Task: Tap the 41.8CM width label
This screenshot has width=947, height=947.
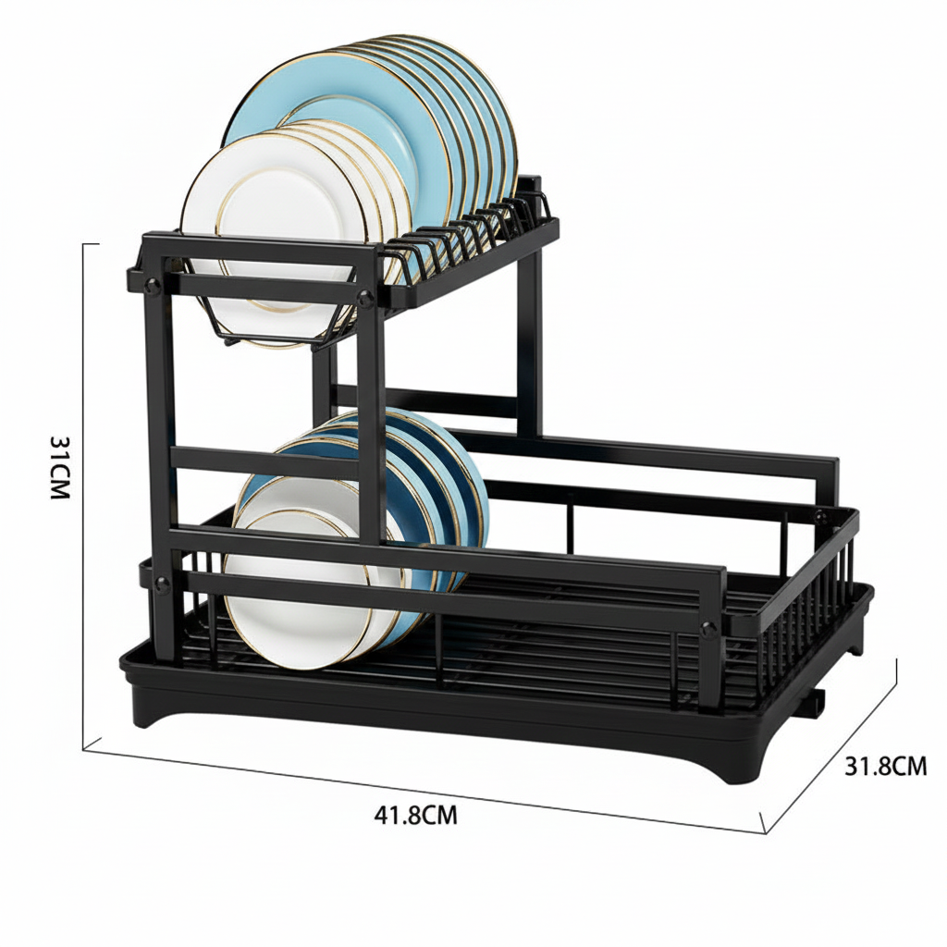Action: (x=415, y=816)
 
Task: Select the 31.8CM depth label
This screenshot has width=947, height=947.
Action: (x=885, y=766)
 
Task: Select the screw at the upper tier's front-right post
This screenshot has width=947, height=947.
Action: (x=366, y=299)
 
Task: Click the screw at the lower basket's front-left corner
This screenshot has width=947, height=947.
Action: (x=163, y=584)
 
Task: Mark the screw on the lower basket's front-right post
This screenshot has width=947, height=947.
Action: (x=708, y=629)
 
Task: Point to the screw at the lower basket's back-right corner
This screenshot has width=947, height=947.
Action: (x=820, y=516)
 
